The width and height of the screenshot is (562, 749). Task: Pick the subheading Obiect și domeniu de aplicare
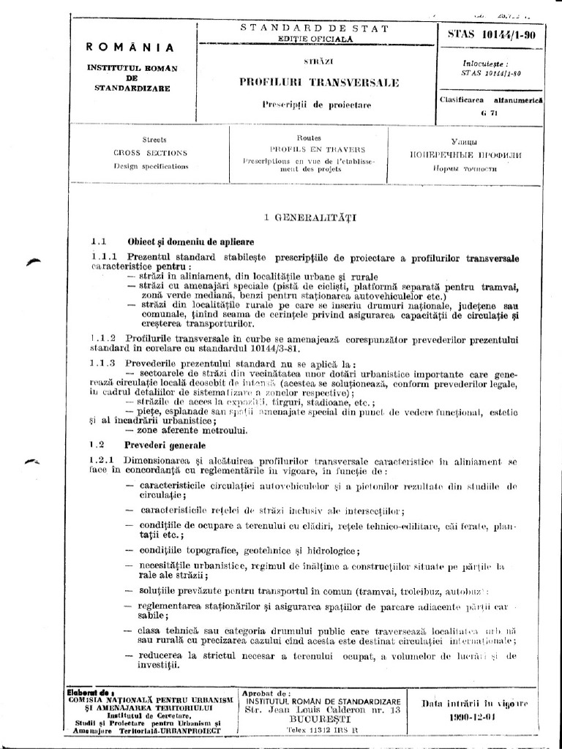pos(180,241)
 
